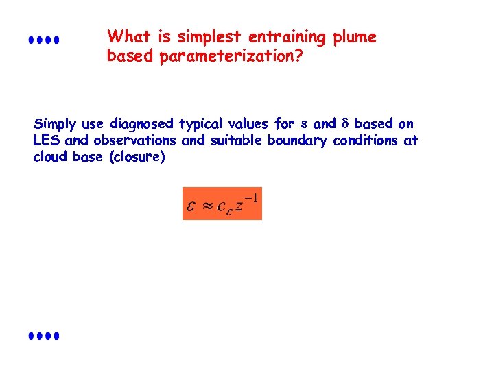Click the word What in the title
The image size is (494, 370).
click(128, 36)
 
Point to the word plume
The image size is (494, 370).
click(354, 37)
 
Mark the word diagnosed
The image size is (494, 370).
click(141, 124)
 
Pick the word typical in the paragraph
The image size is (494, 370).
click(201, 125)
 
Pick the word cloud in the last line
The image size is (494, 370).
click(49, 157)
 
